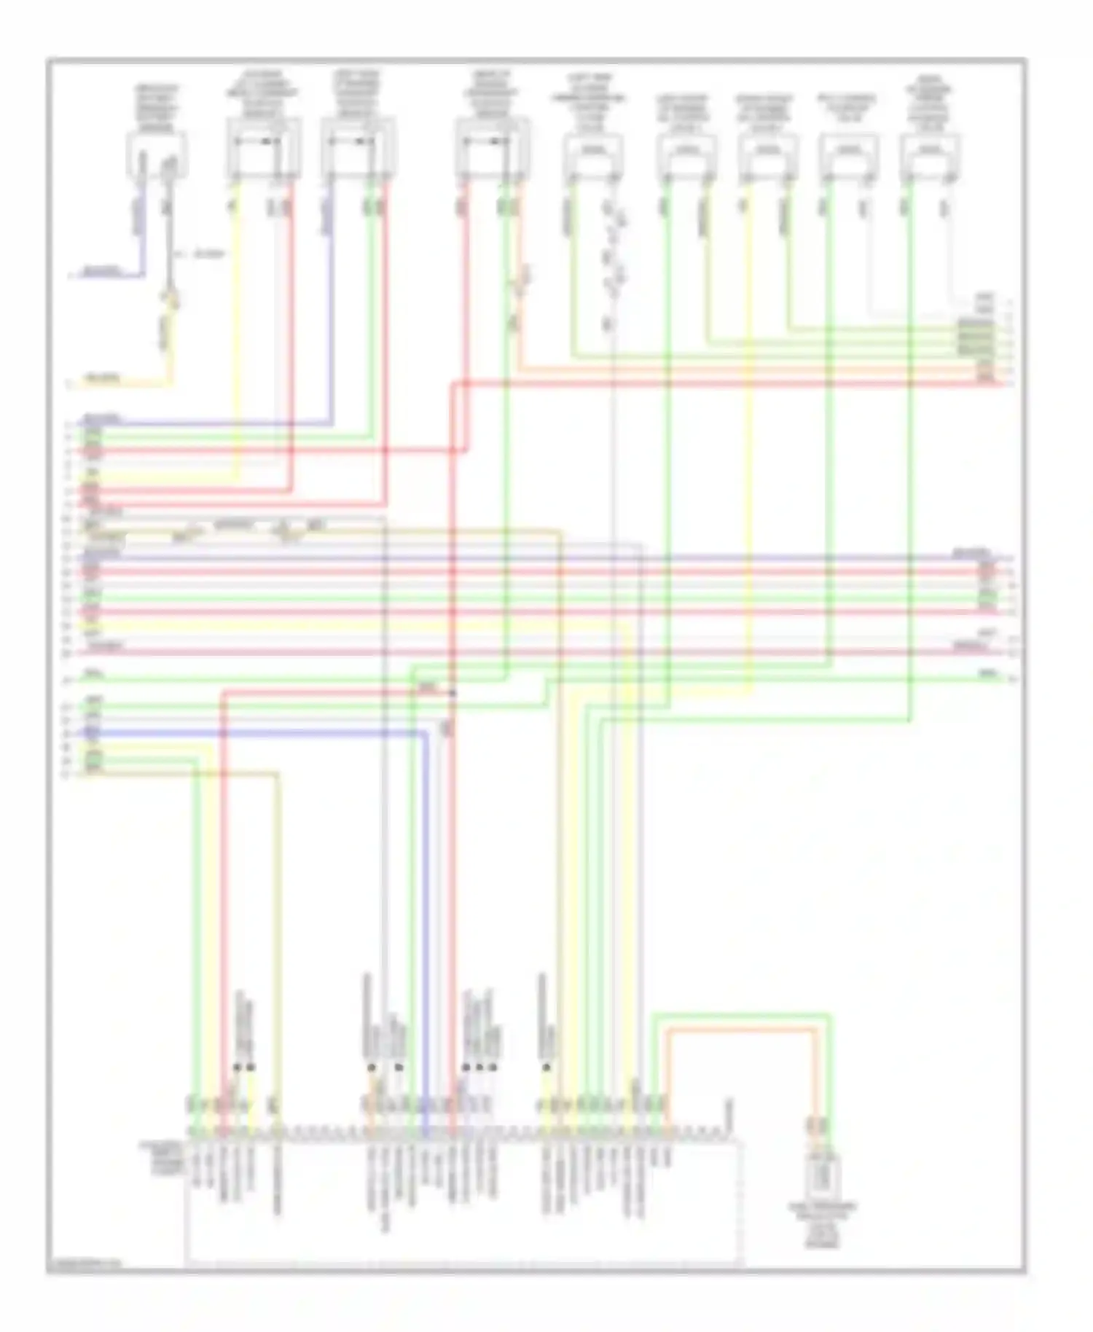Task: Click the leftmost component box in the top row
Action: point(157,154)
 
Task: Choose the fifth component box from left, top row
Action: point(593,154)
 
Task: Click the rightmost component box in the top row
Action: point(929,154)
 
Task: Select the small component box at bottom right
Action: point(822,1173)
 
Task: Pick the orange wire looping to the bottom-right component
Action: point(740,1030)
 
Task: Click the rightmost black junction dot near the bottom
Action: point(546,1067)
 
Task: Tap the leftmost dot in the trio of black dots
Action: point(466,1067)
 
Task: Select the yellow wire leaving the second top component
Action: point(235,328)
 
